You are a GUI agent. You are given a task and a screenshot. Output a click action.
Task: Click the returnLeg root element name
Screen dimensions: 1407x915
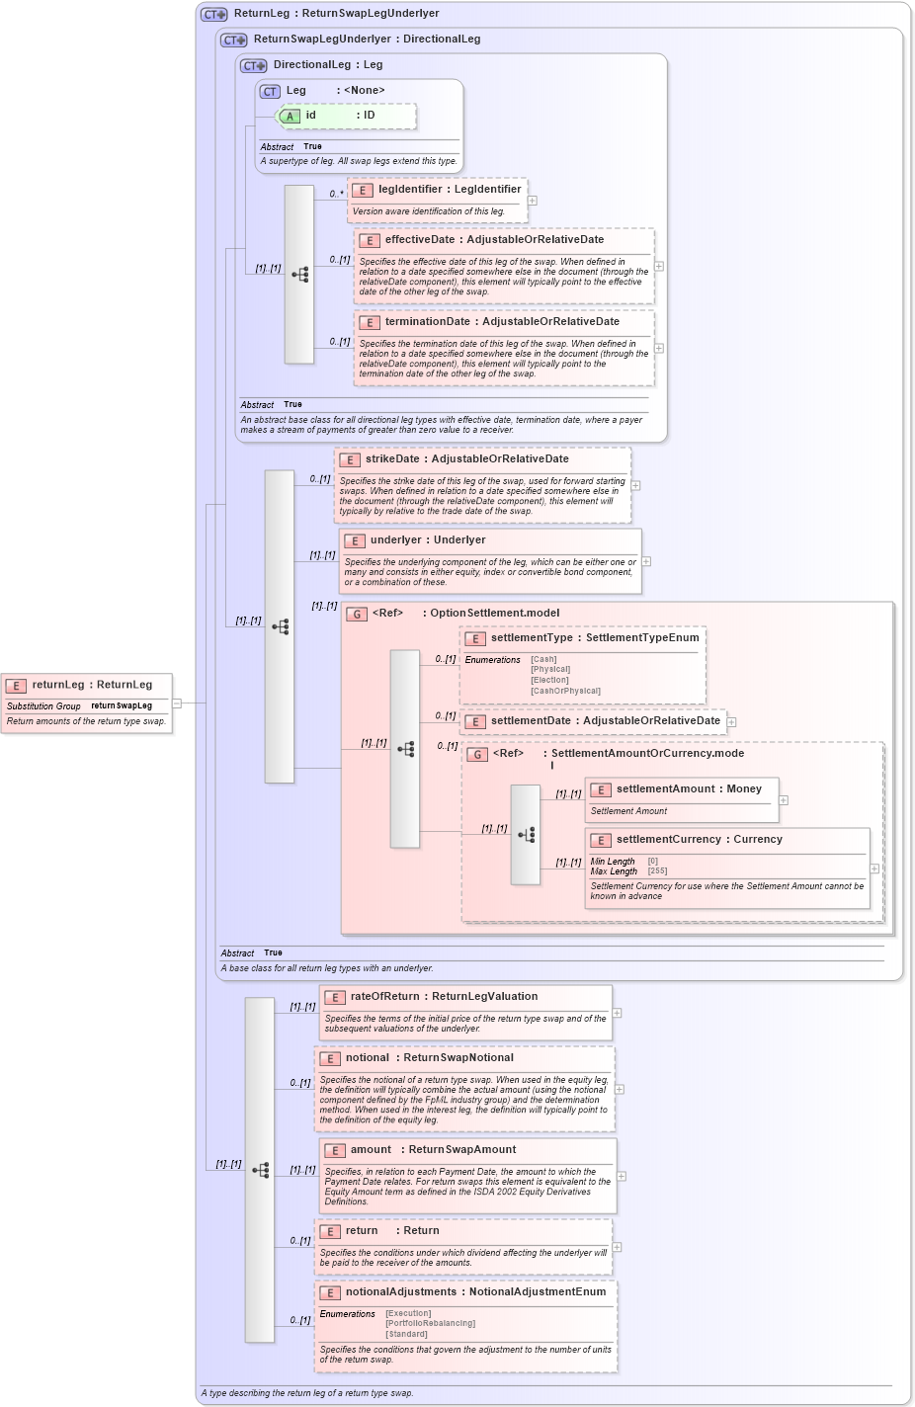pos(57,685)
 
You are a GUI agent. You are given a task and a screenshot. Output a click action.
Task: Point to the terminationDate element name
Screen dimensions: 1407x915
pos(427,322)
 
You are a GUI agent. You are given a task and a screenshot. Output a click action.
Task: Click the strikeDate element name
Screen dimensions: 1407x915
pos(392,459)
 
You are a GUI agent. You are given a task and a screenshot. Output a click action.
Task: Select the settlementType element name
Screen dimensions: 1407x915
pos(532,638)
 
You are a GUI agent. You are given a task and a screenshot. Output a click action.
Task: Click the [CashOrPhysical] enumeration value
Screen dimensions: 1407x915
pos(565,691)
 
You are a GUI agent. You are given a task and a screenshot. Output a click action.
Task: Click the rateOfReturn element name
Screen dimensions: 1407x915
pos(386,997)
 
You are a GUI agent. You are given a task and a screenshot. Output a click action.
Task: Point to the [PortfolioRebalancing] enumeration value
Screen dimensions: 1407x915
pos(430,1324)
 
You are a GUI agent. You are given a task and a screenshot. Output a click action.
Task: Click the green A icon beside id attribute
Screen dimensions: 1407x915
pos(290,117)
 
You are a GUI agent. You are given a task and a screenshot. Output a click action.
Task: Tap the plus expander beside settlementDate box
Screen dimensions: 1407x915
pos(731,722)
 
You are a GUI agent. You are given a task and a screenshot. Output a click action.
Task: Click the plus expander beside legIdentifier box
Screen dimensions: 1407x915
pos(533,201)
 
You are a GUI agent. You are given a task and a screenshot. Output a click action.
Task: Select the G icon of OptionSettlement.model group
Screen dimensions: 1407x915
pos(357,614)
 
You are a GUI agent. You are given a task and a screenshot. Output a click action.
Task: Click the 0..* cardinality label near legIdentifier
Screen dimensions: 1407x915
pos(337,194)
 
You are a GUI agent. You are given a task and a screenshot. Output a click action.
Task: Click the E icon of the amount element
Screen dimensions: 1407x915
pos(334,1151)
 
